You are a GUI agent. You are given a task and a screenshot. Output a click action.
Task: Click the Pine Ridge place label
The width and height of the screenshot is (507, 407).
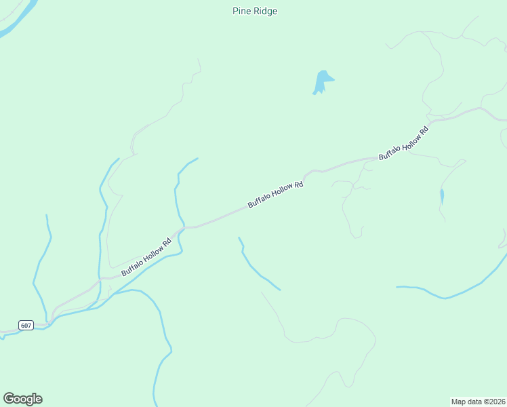click(254, 11)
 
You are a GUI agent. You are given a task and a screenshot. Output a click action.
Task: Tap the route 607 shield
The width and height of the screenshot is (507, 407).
click(26, 326)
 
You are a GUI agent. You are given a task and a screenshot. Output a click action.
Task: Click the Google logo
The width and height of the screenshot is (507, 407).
click(22, 399)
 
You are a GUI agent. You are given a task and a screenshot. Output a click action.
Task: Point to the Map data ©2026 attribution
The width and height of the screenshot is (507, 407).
click(478, 401)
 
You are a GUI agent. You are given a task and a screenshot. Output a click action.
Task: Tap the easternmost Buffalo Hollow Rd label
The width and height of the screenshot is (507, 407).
click(404, 143)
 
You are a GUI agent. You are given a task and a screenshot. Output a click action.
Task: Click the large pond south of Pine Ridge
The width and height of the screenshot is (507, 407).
click(321, 81)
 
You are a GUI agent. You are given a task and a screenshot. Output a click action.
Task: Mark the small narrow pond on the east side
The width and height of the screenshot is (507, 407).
click(442, 197)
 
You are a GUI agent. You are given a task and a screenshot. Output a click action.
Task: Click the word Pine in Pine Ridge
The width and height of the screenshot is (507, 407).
click(242, 11)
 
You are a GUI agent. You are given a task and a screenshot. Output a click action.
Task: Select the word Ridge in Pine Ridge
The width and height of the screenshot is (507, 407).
click(265, 11)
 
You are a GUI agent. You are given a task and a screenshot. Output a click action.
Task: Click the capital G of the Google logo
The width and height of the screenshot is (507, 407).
click(9, 398)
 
